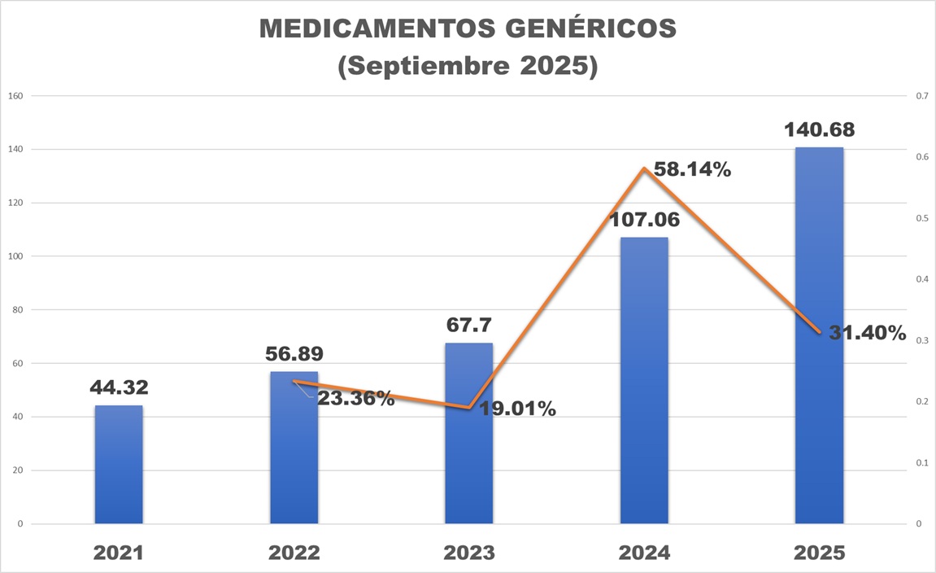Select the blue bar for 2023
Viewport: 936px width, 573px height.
tap(468, 440)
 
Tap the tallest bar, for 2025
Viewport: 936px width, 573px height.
tap(819, 342)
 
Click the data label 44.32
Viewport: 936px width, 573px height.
tap(119, 387)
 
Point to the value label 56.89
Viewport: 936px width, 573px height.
tap(294, 354)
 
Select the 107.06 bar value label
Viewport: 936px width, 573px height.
tap(645, 220)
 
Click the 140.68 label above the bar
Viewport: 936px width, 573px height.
tap(819, 129)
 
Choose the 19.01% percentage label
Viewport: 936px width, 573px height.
tap(517, 409)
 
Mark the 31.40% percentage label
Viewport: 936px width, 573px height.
tap(867, 333)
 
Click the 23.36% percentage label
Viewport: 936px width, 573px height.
tap(355, 399)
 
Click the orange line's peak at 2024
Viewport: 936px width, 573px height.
tap(644, 168)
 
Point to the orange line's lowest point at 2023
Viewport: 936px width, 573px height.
tap(469, 408)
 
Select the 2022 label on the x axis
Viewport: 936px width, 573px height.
tap(294, 553)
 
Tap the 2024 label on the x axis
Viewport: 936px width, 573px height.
tap(644, 553)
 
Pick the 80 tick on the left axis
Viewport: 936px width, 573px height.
tap(17, 310)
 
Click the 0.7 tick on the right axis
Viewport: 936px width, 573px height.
tap(921, 96)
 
